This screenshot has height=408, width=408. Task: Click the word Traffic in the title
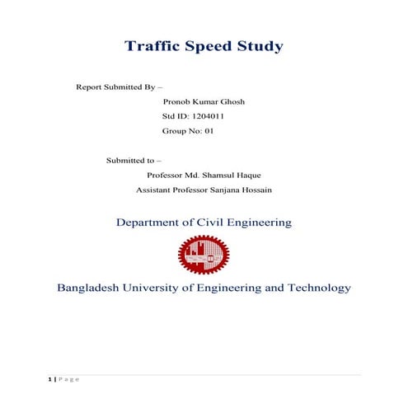151,46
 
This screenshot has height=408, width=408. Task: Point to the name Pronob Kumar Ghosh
204,101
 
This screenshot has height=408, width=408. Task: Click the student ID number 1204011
204,116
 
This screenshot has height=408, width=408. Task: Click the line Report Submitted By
119,87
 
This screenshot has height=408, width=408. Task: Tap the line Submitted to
134,160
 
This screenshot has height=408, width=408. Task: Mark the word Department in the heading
152,223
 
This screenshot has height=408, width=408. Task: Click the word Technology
316,288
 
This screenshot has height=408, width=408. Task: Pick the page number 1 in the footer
49,380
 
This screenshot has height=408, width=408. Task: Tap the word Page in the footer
68,380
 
